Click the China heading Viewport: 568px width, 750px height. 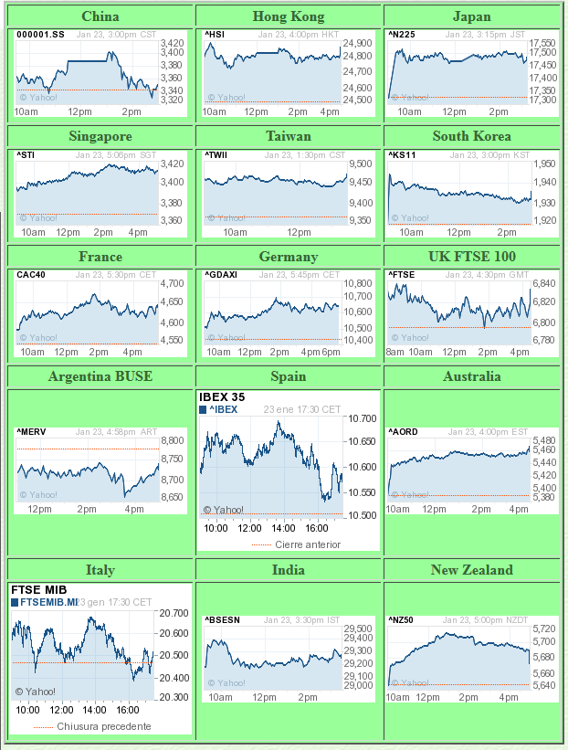(100, 16)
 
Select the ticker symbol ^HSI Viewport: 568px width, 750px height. (216, 35)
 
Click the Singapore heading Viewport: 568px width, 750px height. (100, 136)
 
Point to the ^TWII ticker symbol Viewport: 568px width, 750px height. (218, 154)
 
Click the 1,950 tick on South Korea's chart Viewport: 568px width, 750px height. (543, 164)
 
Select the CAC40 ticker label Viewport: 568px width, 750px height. (31, 275)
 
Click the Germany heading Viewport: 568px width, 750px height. (289, 257)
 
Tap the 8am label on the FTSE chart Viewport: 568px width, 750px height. (395, 352)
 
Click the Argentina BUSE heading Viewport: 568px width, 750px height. (100, 376)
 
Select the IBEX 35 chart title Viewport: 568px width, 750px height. (222, 397)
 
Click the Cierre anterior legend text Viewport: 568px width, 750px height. (308, 544)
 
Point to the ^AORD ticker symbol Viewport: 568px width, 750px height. (403, 431)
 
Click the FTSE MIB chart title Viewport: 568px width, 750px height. (38, 590)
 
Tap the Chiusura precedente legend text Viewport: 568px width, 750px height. (104, 726)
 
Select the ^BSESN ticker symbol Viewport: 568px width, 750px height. (223, 620)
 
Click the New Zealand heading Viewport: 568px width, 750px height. (472, 570)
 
